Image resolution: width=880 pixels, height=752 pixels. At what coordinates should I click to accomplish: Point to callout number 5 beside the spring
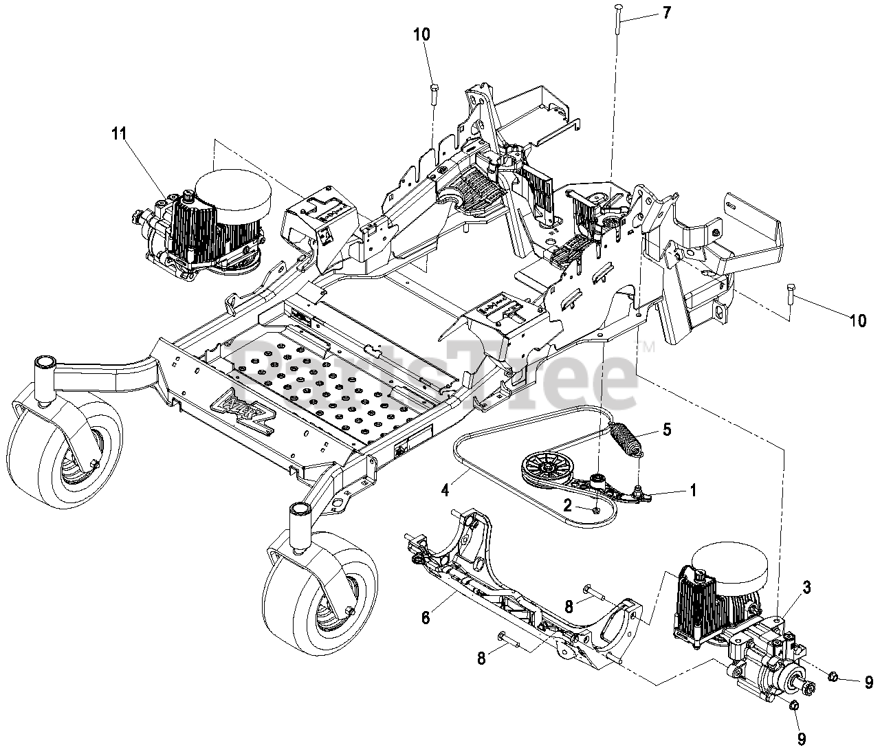coord(665,431)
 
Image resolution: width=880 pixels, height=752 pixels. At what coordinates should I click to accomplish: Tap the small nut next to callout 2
coord(595,509)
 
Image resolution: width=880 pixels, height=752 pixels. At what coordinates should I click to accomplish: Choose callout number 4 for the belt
coord(445,491)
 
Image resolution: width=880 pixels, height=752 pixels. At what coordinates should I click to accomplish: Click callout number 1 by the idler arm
coord(692,490)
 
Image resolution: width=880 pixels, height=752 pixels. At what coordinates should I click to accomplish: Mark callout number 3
coord(806,588)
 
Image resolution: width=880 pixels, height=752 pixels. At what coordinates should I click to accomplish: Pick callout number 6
coord(426,617)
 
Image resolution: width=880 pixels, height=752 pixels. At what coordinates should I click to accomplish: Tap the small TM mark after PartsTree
coord(648,349)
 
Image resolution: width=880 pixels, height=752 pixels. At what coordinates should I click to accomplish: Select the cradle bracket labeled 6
coord(522,591)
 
